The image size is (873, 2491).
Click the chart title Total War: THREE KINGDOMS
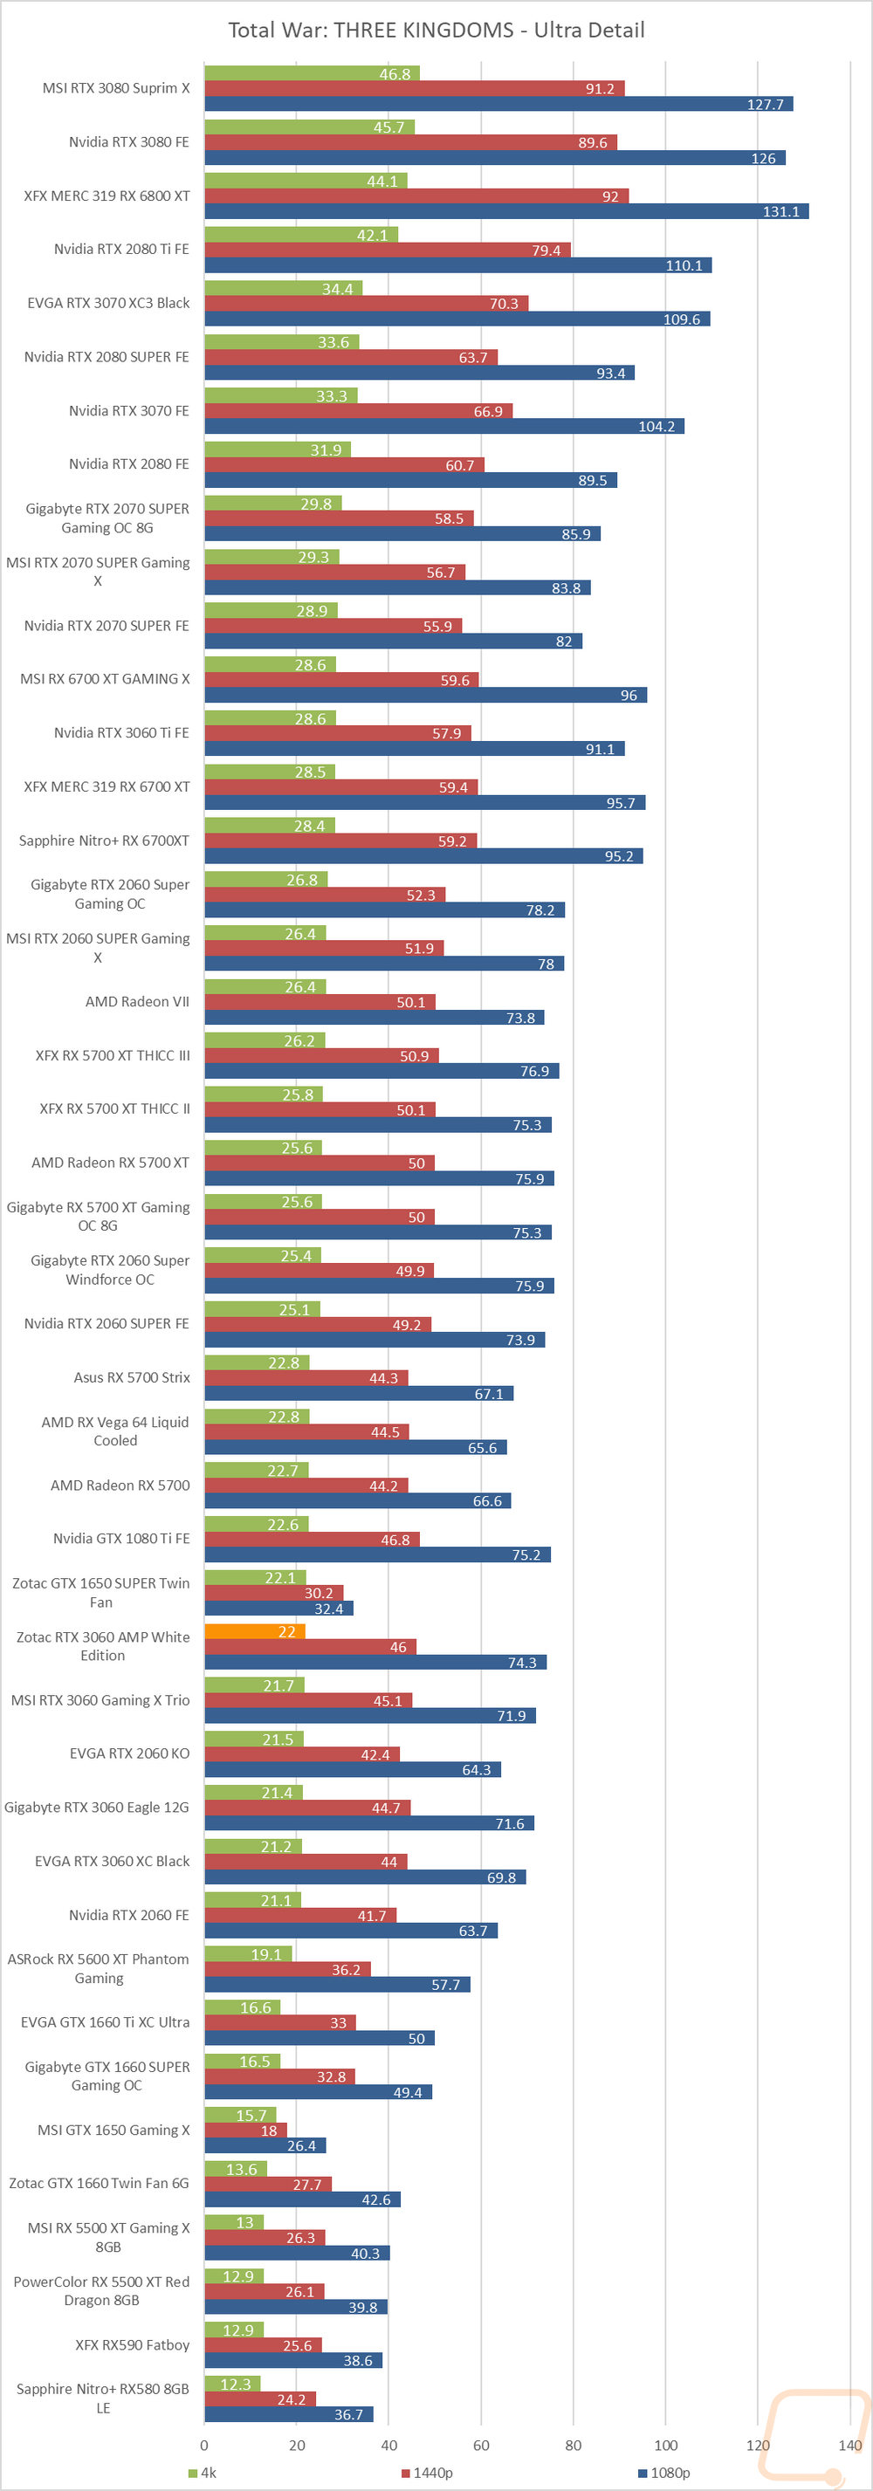pos(436,30)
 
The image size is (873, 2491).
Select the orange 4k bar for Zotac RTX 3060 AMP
pos(254,1631)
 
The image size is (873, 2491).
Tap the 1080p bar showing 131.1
pos(505,211)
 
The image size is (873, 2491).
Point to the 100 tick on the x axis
pos(665,2446)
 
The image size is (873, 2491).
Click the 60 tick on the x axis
pos(480,2446)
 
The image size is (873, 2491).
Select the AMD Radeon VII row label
pos(137,1002)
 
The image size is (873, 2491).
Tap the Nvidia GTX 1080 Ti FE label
pos(122,1539)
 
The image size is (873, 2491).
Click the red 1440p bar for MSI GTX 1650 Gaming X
pos(245,2131)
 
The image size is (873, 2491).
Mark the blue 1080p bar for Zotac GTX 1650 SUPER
pos(278,1608)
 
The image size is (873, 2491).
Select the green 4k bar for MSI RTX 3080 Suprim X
pos(312,73)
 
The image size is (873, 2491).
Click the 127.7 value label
pos(765,105)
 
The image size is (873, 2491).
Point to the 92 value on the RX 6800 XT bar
pos(610,196)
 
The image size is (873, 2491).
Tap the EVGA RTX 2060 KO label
pos(129,1753)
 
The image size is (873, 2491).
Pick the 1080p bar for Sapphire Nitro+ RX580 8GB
pos(288,2414)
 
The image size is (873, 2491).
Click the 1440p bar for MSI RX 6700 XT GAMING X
pos(341,680)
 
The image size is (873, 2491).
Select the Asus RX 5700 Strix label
pos(132,1377)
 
